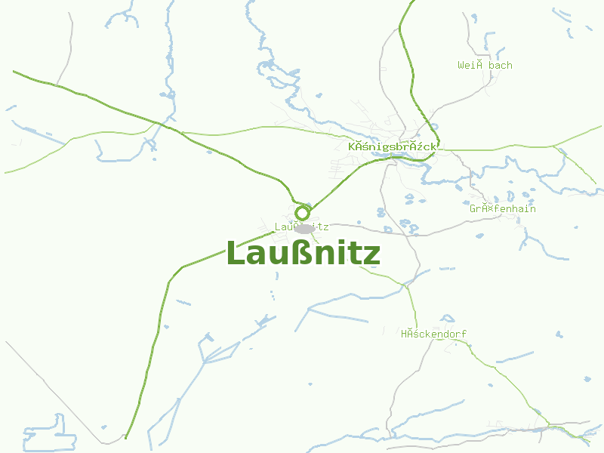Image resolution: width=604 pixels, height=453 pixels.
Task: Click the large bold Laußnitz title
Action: click(x=303, y=254)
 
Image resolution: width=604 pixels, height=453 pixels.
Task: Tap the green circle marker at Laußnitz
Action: click(x=303, y=212)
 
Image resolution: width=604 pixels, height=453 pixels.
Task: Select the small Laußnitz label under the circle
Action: click(x=301, y=226)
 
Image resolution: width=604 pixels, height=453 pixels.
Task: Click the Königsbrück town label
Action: click(x=393, y=146)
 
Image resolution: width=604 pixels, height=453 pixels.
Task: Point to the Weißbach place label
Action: click(x=485, y=66)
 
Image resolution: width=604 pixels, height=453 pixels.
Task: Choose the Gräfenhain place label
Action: click(x=503, y=208)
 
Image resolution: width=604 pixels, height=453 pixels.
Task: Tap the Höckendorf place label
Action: click(x=434, y=334)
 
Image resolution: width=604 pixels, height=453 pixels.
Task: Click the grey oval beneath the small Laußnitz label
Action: click(x=304, y=228)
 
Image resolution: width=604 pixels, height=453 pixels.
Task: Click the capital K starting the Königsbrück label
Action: click(x=353, y=146)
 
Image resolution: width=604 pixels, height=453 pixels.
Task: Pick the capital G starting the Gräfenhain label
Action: click(x=473, y=208)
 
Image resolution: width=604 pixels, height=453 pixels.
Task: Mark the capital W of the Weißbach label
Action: click(x=461, y=66)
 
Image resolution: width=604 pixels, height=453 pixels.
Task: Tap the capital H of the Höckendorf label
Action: click(x=405, y=334)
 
